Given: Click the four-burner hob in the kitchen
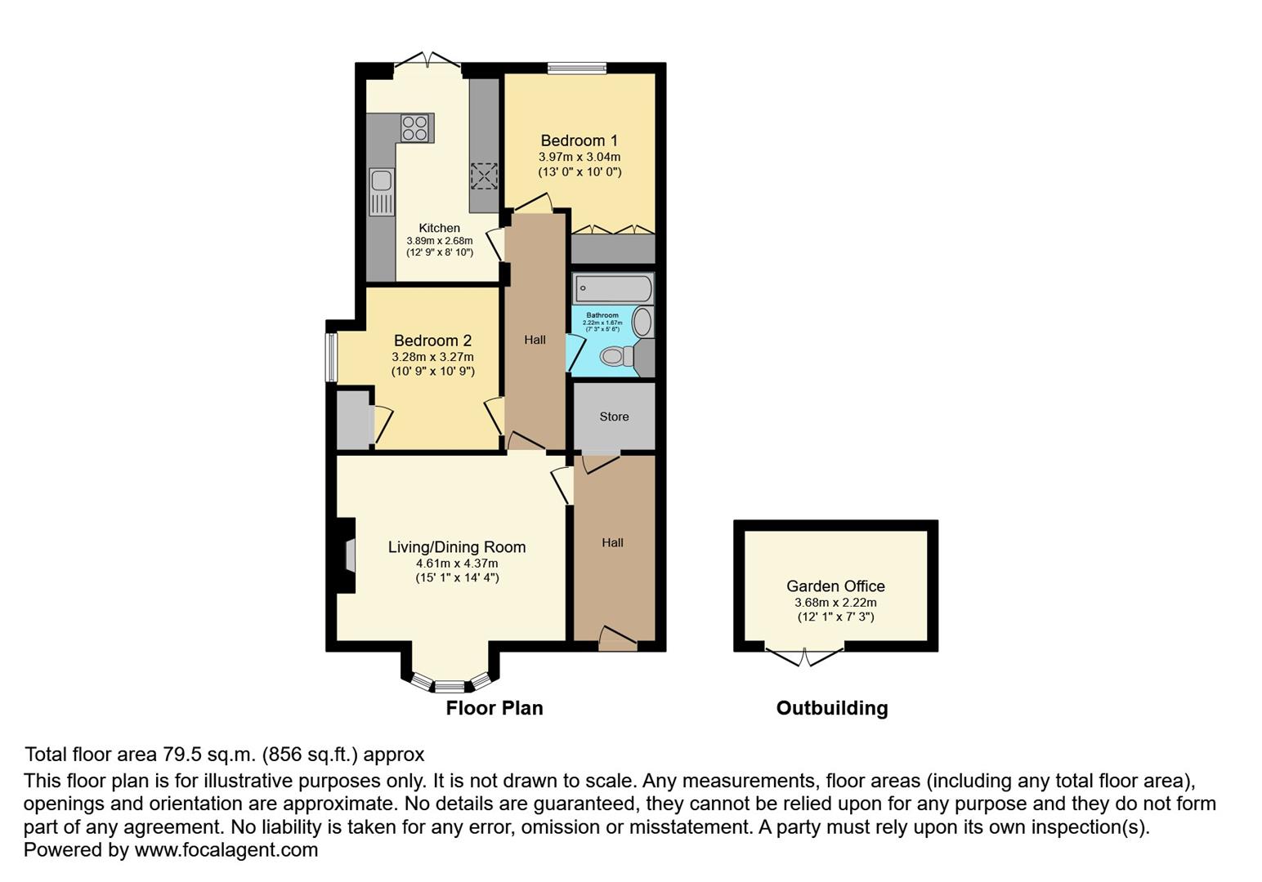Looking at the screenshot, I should click(x=415, y=128).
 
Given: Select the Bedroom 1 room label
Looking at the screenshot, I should click(x=579, y=140).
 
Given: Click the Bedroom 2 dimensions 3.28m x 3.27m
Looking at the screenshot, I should click(x=432, y=357).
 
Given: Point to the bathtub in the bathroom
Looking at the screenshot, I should click(x=613, y=288).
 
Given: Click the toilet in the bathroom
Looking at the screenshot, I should click(x=617, y=356).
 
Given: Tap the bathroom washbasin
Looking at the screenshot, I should click(x=642, y=323).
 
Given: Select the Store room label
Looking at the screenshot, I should click(x=614, y=416).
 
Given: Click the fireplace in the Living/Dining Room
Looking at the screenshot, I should click(x=348, y=555).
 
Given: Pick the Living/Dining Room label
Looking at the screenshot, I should click(x=456, y=547).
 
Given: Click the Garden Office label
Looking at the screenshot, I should click(x=835, y=586).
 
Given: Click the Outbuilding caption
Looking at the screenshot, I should click(x=831, y=708).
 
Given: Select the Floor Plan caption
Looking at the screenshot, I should click(x=494, y=708).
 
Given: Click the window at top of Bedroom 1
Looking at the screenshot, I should click(x=576, y=68).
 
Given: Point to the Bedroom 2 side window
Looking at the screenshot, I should click(x=331, y=357).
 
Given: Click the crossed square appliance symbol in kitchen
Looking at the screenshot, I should click(x=483, y=176).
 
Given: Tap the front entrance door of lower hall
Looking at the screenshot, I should click(x=617, y=639).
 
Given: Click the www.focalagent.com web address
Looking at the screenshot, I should click(x=226, y=849).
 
